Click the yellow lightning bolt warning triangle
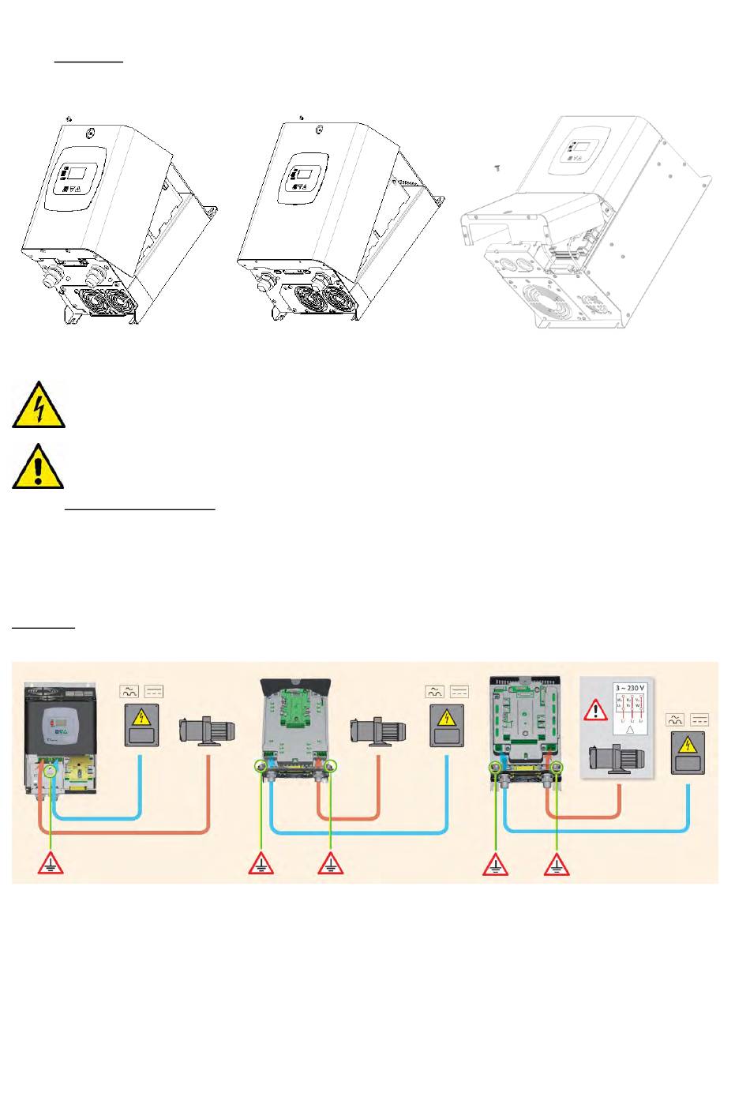tap(38, 405)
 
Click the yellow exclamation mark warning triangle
tap(38, 467)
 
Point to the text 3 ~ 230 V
tap(629, 688)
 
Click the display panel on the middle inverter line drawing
tap(303, 177)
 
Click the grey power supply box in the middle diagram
tap(447, 726)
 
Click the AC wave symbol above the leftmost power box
tap(129, 692)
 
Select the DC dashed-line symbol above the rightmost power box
tap(699, 719)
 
